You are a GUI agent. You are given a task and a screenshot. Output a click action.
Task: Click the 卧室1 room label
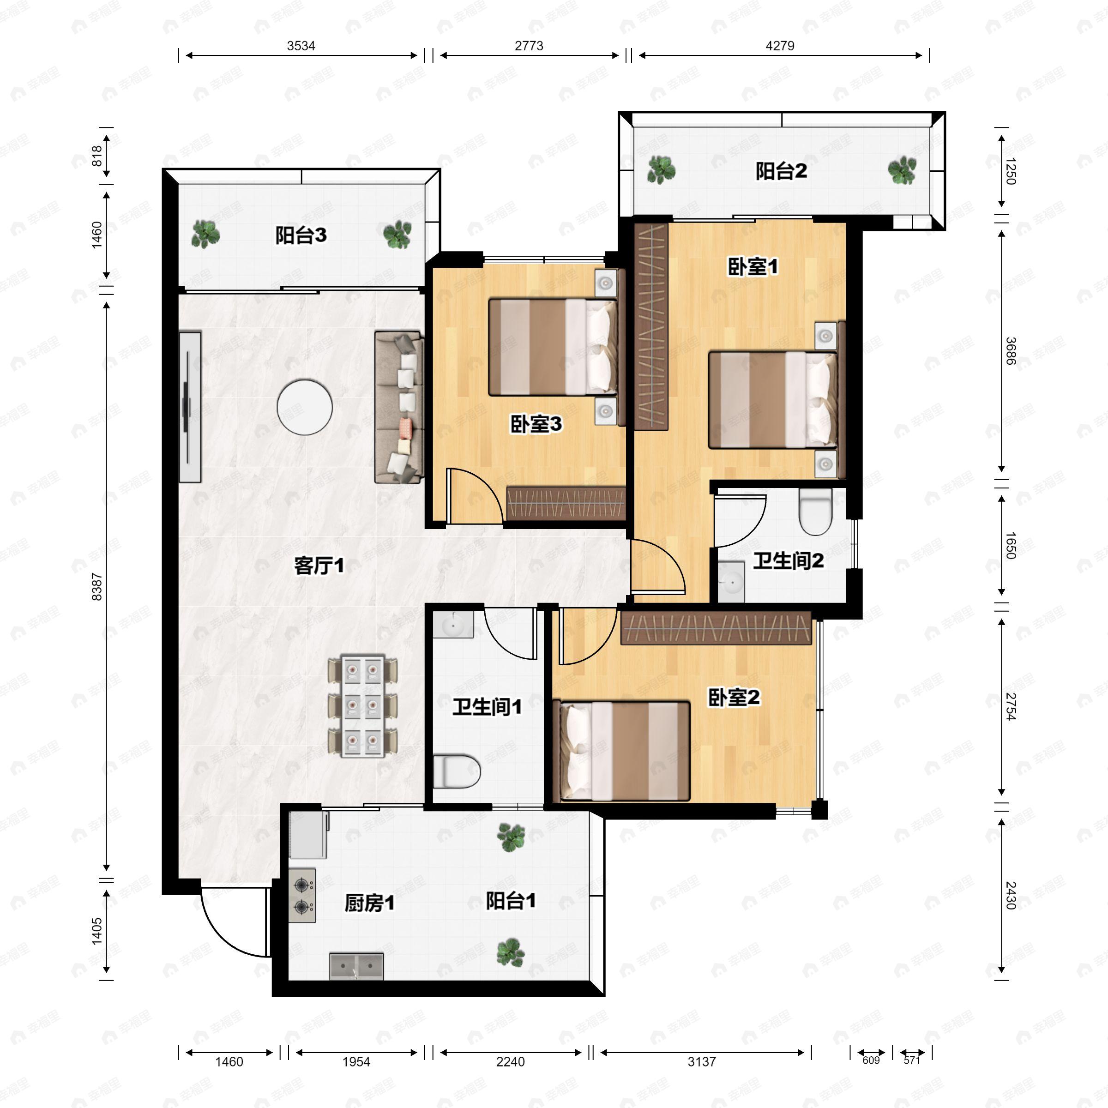(753, 267)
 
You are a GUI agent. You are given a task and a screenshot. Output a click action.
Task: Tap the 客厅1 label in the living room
(319, 566)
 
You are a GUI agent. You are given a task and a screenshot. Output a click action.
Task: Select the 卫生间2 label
(788, 560)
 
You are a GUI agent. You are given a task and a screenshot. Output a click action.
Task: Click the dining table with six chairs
(362, 706)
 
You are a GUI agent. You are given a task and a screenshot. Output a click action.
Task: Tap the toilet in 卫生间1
(456, 771)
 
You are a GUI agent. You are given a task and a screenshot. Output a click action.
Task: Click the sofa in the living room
(399, 407)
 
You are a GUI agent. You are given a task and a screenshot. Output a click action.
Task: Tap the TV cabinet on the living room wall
(190, 407)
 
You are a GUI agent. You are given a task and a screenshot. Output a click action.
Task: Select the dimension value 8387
(97, 587)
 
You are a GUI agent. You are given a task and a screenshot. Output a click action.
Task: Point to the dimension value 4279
(779, 46)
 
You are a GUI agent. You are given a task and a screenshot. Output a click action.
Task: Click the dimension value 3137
(701, 1061)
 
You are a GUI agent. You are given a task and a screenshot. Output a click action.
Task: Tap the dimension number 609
(871, 1060)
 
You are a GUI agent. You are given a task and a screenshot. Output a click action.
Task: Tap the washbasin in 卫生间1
(453, 625)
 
